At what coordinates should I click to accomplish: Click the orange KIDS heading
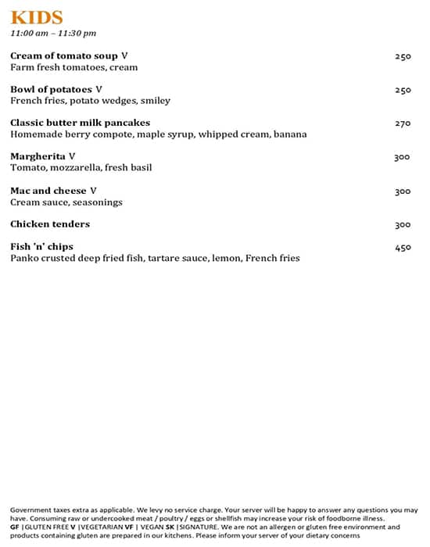pos(37,18)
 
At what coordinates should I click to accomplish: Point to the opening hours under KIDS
pos(53,34)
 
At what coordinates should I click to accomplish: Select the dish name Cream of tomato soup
pos(64,55)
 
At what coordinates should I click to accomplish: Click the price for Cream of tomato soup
pos(403,56)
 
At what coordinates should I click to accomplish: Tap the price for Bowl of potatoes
pos(403,90)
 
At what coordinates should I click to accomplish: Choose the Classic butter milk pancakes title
pos(80,123)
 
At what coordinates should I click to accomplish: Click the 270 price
pos(403,123)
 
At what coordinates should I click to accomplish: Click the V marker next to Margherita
pos(72,156)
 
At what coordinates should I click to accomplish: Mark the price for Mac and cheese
pos(403,191)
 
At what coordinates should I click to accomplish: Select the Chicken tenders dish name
pos(50,224)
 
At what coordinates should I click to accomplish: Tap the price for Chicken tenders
pos(403,225)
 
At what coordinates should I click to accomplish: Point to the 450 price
pos(403,248)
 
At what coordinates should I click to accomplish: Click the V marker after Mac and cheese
pos(93,191)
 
